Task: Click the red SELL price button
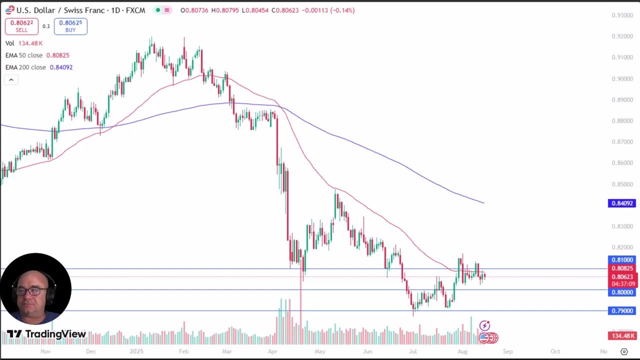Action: coord(21,26)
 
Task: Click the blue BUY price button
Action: coord(70,26)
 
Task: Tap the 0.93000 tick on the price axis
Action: coord(622,15)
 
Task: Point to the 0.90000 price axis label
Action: coord(622,79)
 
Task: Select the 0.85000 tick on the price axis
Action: coord(622,184)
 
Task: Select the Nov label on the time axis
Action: coord(45,351)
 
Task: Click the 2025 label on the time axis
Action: coord(136,351)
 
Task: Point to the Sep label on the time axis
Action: coord(507,351)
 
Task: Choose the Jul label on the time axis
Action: coord(413,351)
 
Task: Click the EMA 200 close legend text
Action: coord(26,67)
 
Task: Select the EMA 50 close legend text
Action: coord(24,55)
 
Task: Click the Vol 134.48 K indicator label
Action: coord(24,43)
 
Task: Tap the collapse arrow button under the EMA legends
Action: coord(11,80)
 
